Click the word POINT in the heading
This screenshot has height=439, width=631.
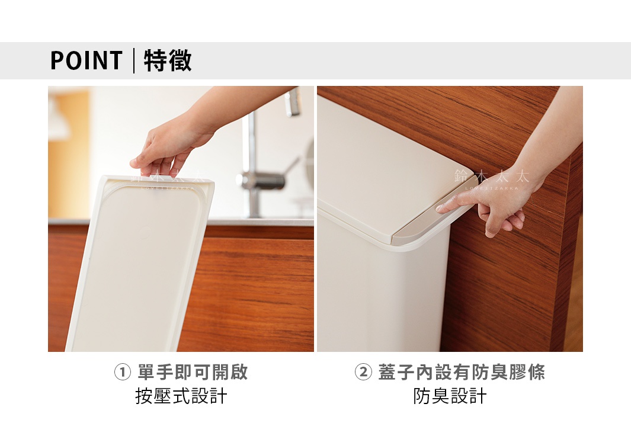86,60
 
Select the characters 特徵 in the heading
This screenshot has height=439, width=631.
168,60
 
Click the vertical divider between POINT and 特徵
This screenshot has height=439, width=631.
134,61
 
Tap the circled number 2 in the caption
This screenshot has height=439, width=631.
363,373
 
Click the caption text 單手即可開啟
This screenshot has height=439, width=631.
193,373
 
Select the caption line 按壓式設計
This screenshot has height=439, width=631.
181,396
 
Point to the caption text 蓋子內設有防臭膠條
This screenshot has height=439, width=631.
461,373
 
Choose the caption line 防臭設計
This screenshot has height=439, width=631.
450,396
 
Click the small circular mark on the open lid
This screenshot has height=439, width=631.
144,229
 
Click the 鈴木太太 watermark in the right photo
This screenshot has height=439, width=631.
491,177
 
